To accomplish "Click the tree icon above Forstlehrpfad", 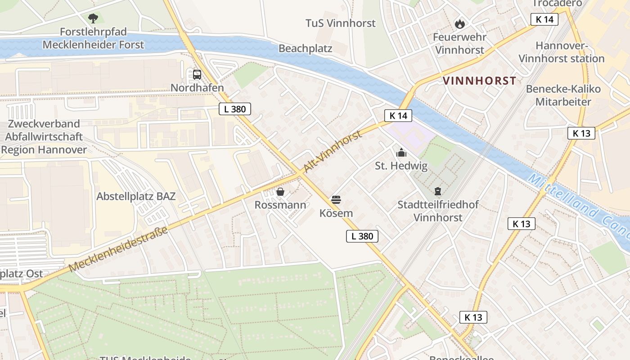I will click(x=93, y=18).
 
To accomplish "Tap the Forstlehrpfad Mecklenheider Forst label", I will click(x=93, y=38).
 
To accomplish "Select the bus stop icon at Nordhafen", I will click(x=197, y=74).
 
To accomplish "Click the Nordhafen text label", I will click(x=197, y=88).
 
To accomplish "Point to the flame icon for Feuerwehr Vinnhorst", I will click(x=459, y=24).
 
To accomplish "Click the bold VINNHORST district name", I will click(x=479, y=81).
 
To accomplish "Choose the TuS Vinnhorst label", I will click(x=340, y=23).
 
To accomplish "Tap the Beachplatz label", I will click(x=305, y=49).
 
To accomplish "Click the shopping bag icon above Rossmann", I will click(x=280, y=192).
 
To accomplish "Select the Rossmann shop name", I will click(x=280, y=205).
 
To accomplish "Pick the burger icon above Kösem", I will click(x=336, y=199).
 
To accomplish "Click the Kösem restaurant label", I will click(x=336, y=213).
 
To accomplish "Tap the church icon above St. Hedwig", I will click(x=401, y=153).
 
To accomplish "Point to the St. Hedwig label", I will click(x=401, y=166).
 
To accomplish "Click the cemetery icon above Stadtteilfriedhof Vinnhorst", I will click(x=438, y=192).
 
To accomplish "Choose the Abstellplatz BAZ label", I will click(x=136, y=196).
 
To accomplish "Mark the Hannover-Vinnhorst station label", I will click(x=562, y=52).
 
